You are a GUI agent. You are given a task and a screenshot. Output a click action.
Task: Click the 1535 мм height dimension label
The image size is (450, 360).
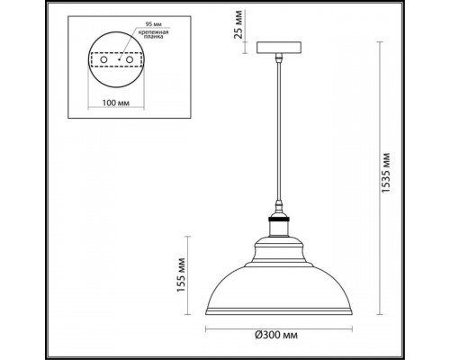386,173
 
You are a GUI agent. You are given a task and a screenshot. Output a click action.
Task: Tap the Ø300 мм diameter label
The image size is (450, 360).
276,335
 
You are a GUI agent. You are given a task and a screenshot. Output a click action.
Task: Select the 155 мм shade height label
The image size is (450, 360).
181,274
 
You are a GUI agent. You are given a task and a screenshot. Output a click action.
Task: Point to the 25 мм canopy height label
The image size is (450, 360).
238,25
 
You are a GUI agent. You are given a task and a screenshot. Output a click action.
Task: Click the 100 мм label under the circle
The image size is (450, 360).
116,103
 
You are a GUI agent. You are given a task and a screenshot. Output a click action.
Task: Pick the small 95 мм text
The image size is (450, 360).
152,24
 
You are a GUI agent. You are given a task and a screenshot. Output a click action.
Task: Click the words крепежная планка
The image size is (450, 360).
153,34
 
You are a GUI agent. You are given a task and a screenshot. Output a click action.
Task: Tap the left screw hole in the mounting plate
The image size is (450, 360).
103,59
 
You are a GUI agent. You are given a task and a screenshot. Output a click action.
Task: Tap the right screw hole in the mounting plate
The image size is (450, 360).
130,59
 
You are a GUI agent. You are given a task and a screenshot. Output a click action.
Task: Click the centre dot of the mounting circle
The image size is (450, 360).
119,59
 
